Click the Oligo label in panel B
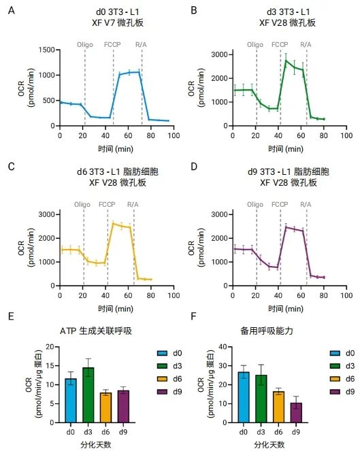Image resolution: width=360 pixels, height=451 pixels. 255,44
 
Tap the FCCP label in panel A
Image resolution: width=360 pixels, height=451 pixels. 112,44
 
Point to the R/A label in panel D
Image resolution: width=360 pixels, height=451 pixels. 306,204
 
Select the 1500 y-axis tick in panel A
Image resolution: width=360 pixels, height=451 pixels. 45,50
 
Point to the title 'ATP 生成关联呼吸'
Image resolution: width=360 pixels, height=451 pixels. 95,331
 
